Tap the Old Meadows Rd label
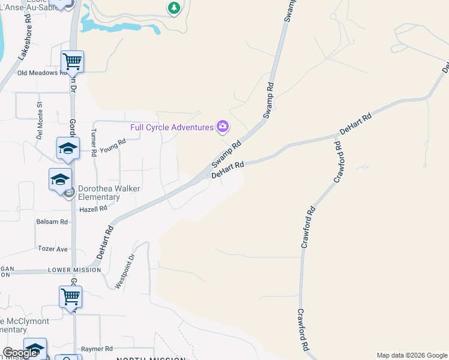click(43, 73)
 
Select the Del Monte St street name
click(40, 112)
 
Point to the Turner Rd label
click(93, 142)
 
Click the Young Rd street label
click(112, 145)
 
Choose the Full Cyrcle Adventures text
click(172, 127)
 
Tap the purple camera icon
click(223, 126)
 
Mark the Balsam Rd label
click(52, 221)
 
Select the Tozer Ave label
click(53, 248)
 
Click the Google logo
click(20, 353)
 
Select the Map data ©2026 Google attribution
click(412, 355)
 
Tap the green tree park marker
click(174, 8)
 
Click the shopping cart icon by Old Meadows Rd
click(72, 60)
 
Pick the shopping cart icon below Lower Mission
click(70, 296)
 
